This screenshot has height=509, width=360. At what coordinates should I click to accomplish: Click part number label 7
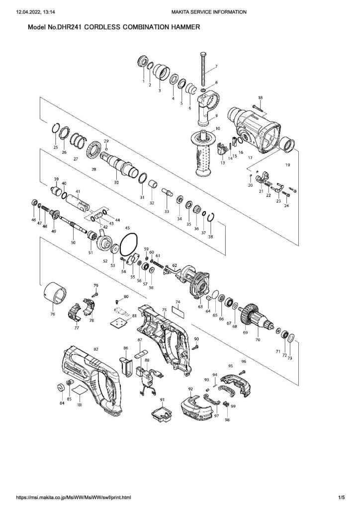pyautogui.click(x=216, y=66)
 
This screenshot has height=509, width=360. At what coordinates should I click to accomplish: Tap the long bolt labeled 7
pyautogui.click(x=203, y=70)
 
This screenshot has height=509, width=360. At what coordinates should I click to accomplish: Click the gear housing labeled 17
pyautogui.click(x=254, y=126)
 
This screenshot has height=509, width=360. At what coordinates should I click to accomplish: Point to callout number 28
pyautogui.click(x=93, y=170)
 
